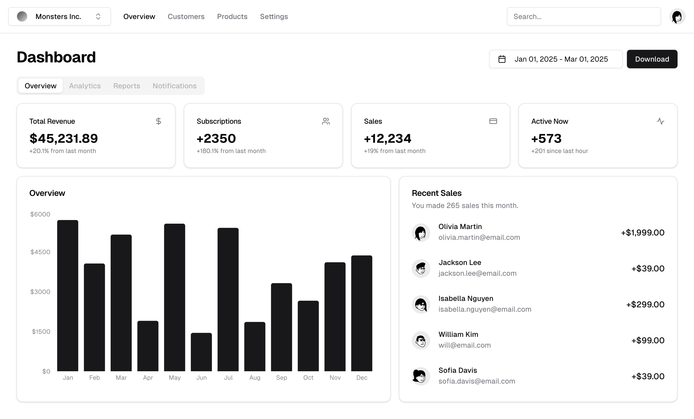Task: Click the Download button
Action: [652, 59]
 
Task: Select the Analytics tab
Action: [85, 86]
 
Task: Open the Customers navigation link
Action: [186, 17]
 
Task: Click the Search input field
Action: [583, 17]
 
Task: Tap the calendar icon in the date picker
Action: [502, 59]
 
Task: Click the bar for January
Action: [68, 296]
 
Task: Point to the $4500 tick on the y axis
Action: [40, 252]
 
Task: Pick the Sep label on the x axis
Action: [281, 378]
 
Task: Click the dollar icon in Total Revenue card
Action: [159, 121]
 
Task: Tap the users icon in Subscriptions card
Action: [326, 121]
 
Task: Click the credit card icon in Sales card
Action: [493, 121]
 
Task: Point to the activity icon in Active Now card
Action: [660, 121]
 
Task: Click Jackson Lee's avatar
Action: [421, 269]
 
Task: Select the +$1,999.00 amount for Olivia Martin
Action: [642, 233]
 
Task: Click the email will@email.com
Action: [464, 345]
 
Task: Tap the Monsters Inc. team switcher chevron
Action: [98, 17]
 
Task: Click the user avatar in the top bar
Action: [677, 17]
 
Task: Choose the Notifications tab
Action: [174, 86]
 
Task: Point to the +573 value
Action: [546, 138]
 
